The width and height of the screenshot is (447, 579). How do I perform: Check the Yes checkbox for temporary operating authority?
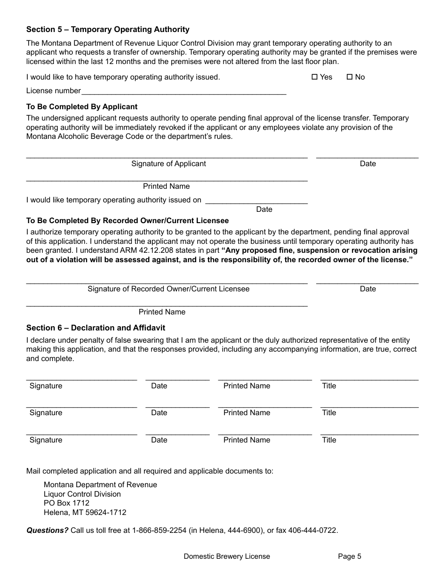(x=315, y=77)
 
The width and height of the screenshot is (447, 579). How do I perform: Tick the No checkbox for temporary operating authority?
(x=350, y=77)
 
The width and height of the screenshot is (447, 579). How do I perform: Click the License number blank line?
(x=184, y=91)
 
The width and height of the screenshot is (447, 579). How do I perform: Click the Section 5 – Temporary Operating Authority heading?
(x=108, y=29)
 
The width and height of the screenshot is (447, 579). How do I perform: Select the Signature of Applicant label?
(x=168, y=164)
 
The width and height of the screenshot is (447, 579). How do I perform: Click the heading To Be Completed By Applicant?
(x=82, y=107)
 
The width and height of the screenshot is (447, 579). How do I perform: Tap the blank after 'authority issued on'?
(x=257, y=200)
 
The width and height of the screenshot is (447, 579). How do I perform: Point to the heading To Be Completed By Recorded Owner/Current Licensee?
(x=128, y=221)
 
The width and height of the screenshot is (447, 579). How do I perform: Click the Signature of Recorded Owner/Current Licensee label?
(x=168, y=289)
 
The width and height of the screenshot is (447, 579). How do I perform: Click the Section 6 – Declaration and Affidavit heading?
(x=96, y=328)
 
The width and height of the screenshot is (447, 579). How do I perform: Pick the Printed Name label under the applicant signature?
(x=166, y=186)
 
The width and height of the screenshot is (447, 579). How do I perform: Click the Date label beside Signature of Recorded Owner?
(x=367, y=289)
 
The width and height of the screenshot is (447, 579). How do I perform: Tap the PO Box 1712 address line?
(x=66, y=503)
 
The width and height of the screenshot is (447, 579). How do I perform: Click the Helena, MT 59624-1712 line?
(x=85, y=513)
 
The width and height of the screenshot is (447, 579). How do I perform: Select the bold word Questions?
(x=48, y=531)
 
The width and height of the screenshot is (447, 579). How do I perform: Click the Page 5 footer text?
(x=350, y=556)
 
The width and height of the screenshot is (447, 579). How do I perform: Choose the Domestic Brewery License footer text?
(x=227, y=556)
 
